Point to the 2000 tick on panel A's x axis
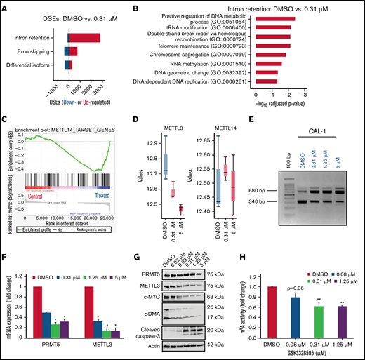click(x=100, y=82)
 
